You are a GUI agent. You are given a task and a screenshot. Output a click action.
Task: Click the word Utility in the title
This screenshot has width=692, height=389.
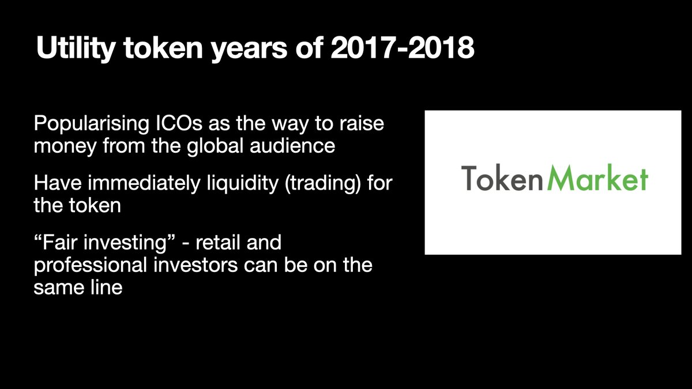76,48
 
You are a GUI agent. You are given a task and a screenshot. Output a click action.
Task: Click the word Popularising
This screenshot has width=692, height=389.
92,124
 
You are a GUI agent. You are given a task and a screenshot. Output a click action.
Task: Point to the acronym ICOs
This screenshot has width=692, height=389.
179,123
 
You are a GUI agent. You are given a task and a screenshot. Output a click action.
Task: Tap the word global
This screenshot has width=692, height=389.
215,145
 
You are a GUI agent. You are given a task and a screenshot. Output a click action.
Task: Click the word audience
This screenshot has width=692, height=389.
292,145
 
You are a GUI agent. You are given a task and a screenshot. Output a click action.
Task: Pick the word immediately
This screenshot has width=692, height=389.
144,183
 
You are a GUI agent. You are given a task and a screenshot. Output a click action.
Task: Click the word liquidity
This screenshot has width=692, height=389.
243,183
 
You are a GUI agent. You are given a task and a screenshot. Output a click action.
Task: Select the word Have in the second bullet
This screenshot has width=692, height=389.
58,183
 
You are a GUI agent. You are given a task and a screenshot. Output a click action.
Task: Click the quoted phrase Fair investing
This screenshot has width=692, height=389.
105,243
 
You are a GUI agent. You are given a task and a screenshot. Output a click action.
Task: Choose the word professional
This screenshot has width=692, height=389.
90,266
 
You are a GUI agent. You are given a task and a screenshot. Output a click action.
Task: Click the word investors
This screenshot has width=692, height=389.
195,266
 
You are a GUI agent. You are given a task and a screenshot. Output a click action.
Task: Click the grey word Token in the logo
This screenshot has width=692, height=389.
502,178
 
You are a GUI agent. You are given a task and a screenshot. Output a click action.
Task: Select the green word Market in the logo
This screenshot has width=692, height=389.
597,178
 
